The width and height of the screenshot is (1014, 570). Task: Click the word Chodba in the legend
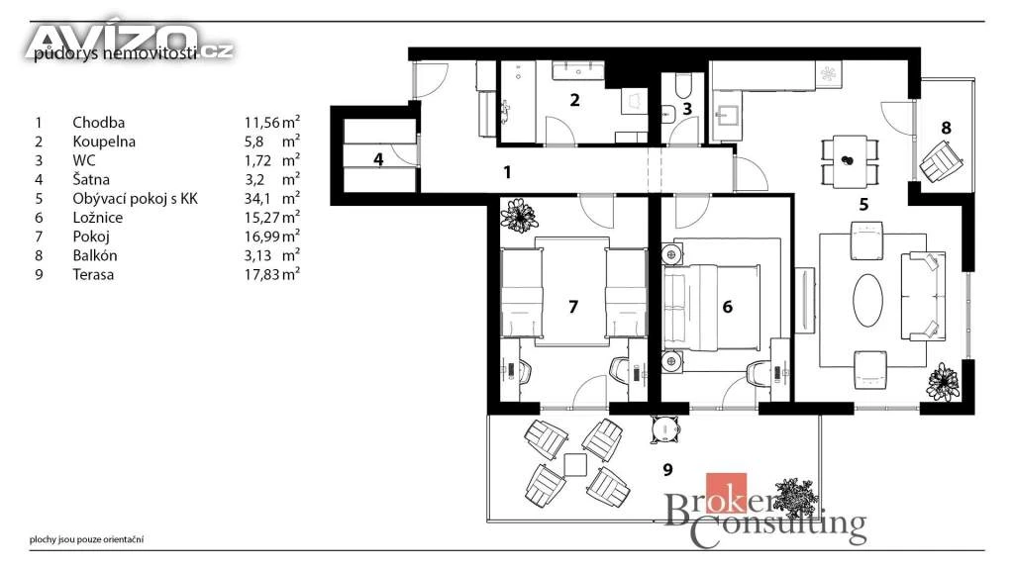coord(98,122)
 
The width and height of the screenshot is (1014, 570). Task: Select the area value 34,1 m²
coord(271,198)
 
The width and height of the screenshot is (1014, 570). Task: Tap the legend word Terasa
coord(93,275)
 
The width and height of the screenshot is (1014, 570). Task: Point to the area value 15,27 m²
coord(271,217)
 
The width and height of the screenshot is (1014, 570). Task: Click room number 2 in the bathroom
coord(574,100)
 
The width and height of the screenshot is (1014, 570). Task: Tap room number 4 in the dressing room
coord(378,159)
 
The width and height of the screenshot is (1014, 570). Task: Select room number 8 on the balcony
coord(946,128)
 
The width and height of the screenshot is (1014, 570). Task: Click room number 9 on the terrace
coord(668,470)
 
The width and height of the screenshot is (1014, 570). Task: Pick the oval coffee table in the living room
coord(867,300)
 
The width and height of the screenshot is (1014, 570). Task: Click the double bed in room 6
coord(710,307)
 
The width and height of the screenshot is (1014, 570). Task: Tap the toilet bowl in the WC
coord(683,85)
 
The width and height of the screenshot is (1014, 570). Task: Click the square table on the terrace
coord(575,465)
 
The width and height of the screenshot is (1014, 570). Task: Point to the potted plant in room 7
coord(519,216)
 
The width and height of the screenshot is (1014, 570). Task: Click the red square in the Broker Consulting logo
coord(726,494)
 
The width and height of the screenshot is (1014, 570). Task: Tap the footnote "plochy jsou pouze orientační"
coord(87,539)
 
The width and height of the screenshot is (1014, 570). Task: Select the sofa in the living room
coord(922,296)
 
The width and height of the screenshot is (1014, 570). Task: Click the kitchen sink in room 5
coord(729,116)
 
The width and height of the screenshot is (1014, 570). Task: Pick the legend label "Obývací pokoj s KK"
coord(135,198)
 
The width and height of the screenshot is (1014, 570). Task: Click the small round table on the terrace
coord(664,428)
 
